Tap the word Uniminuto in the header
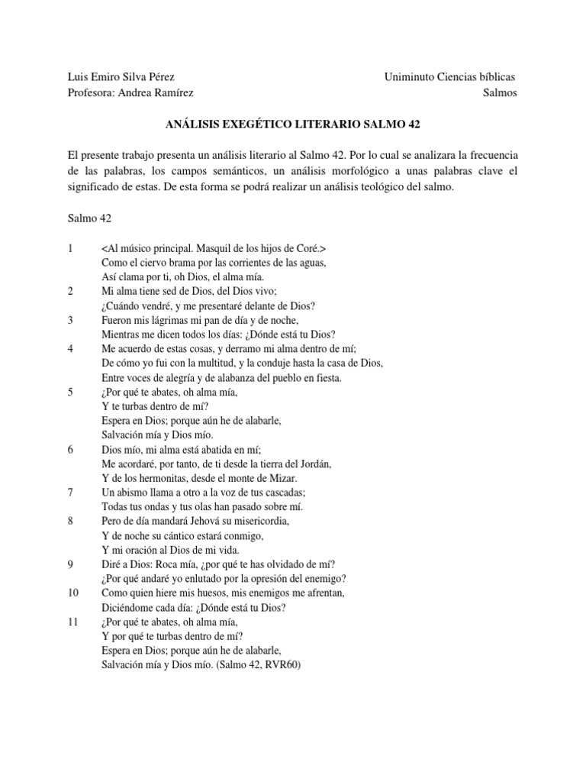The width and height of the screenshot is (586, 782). [410, 77]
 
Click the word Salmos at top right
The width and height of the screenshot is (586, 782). [501, 92]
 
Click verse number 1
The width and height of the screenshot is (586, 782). [70, 249]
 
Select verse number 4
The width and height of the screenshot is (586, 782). [70, 349]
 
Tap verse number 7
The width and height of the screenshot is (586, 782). [70, 493]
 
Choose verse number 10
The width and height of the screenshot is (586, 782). [72, 593]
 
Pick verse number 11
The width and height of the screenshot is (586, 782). [72, 622]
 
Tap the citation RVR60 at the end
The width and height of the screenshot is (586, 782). [282, 665]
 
